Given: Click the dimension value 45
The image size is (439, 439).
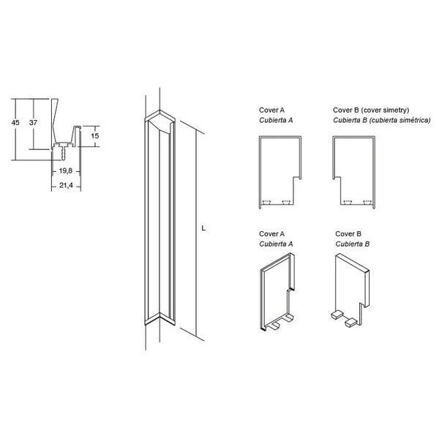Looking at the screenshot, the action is [15, 123].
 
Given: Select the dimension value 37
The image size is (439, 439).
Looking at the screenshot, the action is [33, 123].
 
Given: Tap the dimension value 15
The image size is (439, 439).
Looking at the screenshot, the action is [95, 136].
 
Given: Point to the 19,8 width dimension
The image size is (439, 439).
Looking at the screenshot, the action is [66, 170].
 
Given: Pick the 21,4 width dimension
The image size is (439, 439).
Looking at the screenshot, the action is [66, 185].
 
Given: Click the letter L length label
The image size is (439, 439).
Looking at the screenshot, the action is [203, 228].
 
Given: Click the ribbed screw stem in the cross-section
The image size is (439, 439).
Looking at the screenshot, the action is [64, 154].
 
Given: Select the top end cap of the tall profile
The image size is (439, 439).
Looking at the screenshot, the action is [160, 121].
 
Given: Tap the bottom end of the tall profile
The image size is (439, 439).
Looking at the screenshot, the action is [160, 318].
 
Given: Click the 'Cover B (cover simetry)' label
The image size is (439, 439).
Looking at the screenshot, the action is [371, 110].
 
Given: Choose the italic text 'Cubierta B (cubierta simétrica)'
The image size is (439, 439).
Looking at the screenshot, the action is [382, 120].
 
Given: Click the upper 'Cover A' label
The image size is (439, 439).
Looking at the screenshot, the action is [271, 110].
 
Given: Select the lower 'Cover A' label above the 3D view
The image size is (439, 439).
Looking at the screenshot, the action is [271, 234].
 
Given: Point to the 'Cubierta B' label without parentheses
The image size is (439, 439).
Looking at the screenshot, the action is [352, 244].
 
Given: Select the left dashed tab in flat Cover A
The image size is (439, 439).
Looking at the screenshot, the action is [266, 202].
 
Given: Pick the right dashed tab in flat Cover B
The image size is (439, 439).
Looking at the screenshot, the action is [367, 202].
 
